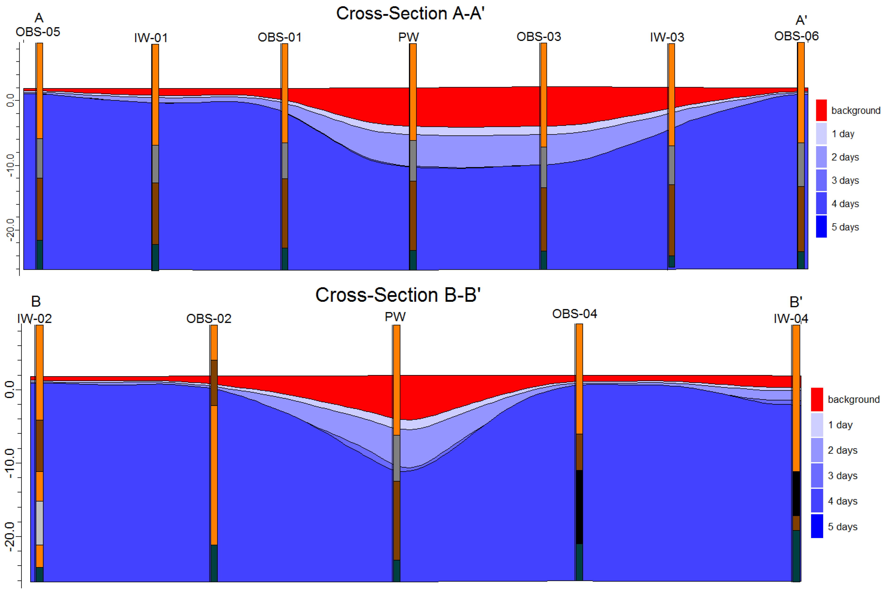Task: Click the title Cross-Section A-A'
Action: coord(410,14)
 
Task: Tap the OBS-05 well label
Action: coord(38,32)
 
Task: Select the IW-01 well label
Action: coord(151,38)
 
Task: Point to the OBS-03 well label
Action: coord(538,37)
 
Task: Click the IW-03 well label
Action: coord(667,37)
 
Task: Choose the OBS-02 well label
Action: coord(209,319)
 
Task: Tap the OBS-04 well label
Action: coord(574,314)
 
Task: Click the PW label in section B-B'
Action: coord(395,317)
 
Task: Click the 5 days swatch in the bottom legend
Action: coord(817,526)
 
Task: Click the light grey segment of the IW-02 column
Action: coord(39,523)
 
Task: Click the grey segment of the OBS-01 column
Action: coord(284,161)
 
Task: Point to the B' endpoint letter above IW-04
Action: coord(796,302)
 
